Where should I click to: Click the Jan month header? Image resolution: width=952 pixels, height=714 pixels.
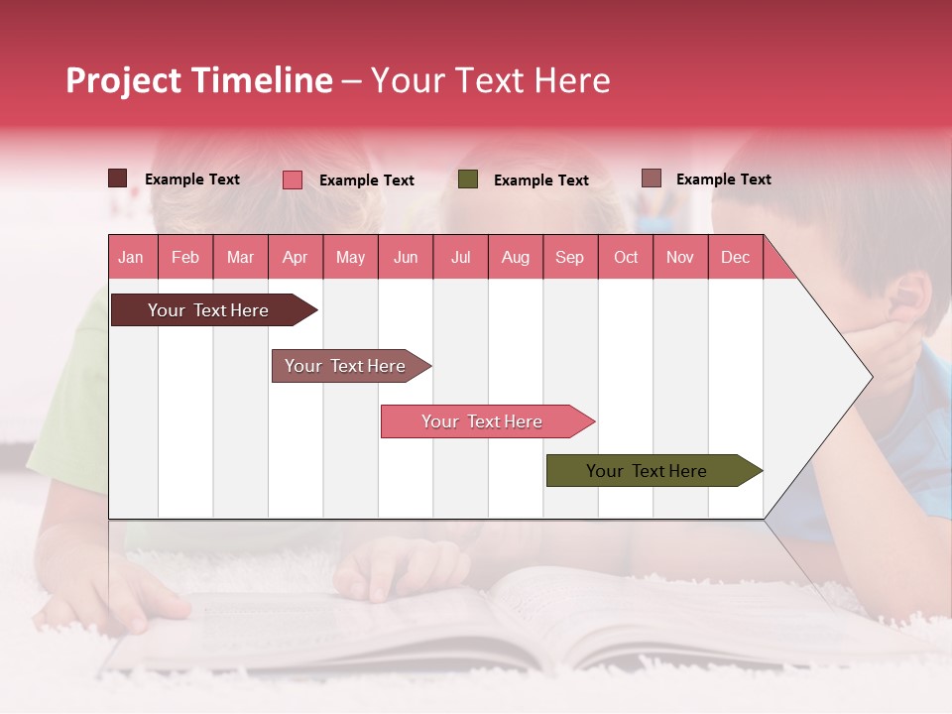click(131, 257)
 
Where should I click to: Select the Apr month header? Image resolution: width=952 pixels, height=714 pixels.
click(295, 257)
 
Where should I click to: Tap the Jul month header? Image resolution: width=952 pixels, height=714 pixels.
click(460, 257)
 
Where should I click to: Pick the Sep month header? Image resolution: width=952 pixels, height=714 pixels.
click(569, 257)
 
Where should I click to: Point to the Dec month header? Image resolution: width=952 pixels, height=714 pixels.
click(735, 257)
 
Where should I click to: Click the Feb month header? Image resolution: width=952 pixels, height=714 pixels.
click(185, 257)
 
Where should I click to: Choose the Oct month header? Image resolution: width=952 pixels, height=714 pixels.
click(626, 257)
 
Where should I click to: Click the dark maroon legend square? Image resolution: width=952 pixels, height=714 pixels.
click(117, 178)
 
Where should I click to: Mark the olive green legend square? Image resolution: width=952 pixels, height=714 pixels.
click(468, 179)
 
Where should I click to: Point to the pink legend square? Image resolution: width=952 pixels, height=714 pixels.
click(293, 179)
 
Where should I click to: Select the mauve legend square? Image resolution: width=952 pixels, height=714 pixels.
click(651, 178)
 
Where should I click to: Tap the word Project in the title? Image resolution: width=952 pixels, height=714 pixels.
click(123, 80)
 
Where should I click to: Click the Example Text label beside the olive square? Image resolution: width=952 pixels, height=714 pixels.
click(540, 180)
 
